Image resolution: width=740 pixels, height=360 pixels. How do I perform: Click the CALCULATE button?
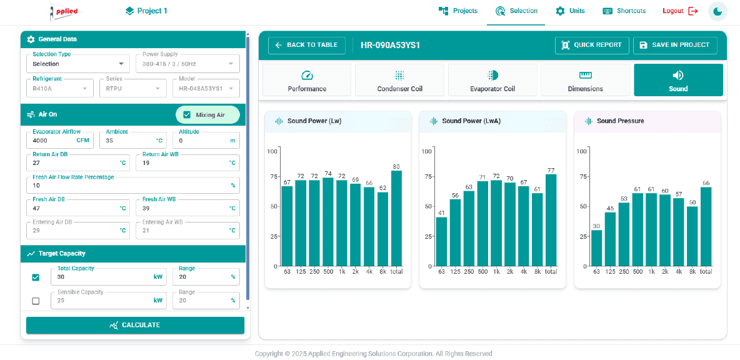pyautogui.click(x=135, y=325)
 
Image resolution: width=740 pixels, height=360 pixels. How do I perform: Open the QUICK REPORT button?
pyautogui.click(x=592, y=45)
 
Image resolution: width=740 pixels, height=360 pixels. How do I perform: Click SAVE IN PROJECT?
pyautogui.click(x=675, y=45)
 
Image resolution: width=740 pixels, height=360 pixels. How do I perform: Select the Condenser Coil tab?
pyautogui.click(x=399, y=80)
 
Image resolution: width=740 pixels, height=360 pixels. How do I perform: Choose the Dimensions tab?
pyautogui.click(x=585, y=80)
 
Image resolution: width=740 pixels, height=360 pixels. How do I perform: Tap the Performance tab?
pyautogui.click(x=307, y=80)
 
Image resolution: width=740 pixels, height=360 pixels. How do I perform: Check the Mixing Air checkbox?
pyautogui.click(x=187, y=114)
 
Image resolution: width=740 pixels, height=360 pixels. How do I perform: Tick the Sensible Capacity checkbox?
pyautogui.click(x=36, y=301)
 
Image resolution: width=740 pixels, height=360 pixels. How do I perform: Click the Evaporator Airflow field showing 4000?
pyautogui.click(x=61, y=140)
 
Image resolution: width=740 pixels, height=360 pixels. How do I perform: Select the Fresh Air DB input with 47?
pyautogui.click(x=78, y=207)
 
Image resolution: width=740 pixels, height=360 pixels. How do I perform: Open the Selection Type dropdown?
pyautogui.click(x=78, y=64)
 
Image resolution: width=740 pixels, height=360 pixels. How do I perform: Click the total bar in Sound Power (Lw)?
pyautogui.click(x=396, y=218)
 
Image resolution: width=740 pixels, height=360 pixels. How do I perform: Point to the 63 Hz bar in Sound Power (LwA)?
pyautogui.click(x=441, y=242)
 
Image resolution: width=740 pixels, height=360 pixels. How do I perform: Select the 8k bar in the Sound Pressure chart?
pyautogui.click(x=692, y=236)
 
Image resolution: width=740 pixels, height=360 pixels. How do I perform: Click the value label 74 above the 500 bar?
pyautogui.click(x=328, y=173)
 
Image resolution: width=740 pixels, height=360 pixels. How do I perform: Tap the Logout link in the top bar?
pyautogui.click(x=680, y=11)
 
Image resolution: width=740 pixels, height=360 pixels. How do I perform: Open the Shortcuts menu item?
pyautogui.click(x=624, y=11)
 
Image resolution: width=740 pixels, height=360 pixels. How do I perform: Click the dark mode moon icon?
pyautogui.click(x=717, y=11)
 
